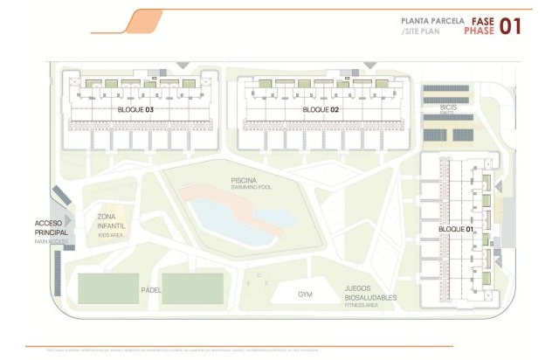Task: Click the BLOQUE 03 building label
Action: [135, 110]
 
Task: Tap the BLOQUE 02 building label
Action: [320, 110]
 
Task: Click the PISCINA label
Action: [243, 180]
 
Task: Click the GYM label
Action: [305, 294]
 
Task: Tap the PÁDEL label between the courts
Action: [152, 288]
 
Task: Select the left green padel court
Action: [108, 288]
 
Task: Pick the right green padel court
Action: [193, 288]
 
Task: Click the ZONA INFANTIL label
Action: [111, 220]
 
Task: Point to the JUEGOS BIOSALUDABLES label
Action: [369, 293]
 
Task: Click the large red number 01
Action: [509, 25]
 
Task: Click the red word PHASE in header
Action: [480, 31]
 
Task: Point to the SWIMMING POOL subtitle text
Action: [243, 187]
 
